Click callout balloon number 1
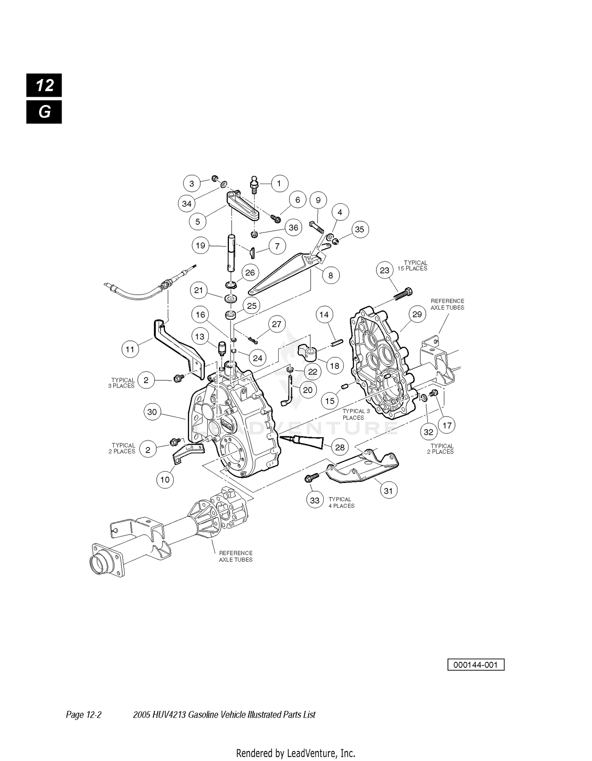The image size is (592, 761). coord(279,184)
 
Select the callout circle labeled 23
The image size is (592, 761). coord(384,271)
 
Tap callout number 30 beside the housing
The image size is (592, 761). coord(152,412)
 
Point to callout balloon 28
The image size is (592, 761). coord(340,447)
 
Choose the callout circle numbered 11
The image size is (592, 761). coord(130,349)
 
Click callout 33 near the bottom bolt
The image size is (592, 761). coord(315,500)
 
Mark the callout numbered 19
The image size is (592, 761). coord(200,246)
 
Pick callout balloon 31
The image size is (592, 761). coord(389,490)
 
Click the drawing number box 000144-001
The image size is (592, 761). coord(476,665)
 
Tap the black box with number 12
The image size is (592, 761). coord(44,85)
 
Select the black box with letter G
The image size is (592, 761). coord(44,112)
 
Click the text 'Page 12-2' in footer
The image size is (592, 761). coord(84,714)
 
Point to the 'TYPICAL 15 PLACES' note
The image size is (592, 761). coord(415,265)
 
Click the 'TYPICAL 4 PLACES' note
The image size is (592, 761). coord(341,502)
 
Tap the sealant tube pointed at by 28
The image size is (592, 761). coord(302,440)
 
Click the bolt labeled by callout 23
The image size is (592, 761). coord(403,296)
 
